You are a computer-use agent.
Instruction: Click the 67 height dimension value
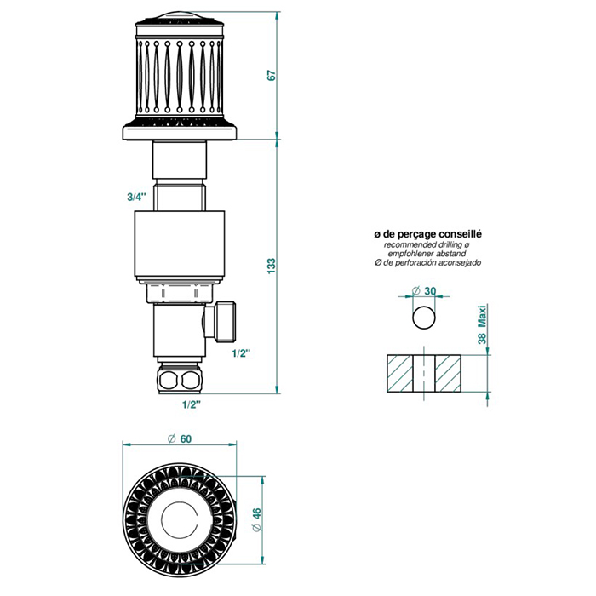[272, 75]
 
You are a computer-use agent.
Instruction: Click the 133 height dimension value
[272, 266]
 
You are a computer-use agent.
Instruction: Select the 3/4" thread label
[136, 197]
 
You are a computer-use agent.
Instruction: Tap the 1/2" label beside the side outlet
[241, 353]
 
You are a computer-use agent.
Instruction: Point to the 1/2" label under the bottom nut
[192, 404]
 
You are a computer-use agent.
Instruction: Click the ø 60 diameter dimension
[180, 439]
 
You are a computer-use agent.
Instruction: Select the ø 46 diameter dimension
[257, 520]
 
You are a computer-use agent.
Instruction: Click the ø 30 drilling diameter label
[424, 291]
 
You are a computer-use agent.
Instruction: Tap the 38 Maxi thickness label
[482, 324]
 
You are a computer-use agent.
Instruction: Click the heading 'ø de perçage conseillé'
[427, 234]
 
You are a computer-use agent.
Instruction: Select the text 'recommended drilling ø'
[427, 245]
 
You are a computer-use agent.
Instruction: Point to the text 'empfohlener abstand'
[427, 254]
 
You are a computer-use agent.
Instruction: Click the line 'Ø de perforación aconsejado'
[427, 262]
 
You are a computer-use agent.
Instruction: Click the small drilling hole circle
[424, 317]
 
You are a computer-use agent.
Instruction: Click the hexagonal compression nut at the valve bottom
[181, 378]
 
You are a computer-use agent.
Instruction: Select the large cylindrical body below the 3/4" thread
[180, 244]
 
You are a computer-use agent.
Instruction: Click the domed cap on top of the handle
[180, 16]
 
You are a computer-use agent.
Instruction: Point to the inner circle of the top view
[180, 521]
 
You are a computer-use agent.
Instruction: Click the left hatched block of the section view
[400, 373]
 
